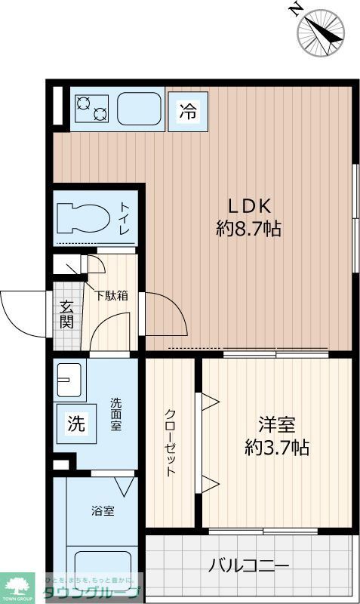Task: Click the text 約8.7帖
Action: [x=249, y=229]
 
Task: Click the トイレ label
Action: [x=125, y=217]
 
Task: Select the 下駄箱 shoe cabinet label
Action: [x=111, y=295]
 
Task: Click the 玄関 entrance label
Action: [x=66, y=315]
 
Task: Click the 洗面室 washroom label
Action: [x=115, y=414]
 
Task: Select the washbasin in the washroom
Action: [x=69, y=377]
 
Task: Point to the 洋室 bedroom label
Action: [x=276, y=424]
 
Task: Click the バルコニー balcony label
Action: [x=249, y=565]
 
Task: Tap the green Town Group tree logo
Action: [x=20, y=587]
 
